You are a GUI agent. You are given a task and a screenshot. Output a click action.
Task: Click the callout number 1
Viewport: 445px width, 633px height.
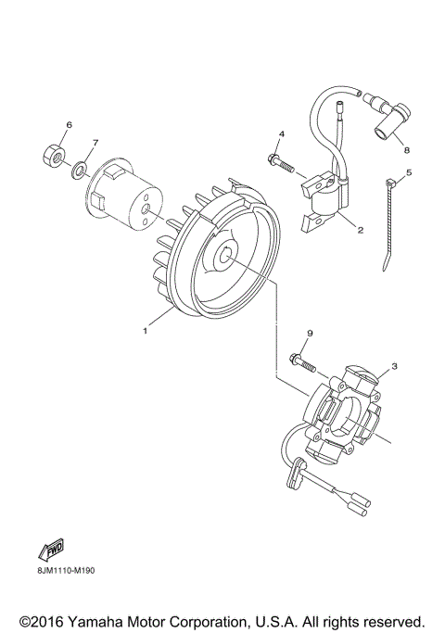pos(145,328)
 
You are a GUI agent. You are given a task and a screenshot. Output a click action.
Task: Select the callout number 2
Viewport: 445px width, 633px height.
pos(360,230)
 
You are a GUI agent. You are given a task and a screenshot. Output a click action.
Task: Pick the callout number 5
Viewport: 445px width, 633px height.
pos(410,172)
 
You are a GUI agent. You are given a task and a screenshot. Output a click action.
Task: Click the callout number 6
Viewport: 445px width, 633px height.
pos(68,124)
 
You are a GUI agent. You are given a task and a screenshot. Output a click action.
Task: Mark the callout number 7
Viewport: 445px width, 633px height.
pos(93,143)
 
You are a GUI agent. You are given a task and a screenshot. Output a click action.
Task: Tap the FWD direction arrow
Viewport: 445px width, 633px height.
pos(50,549)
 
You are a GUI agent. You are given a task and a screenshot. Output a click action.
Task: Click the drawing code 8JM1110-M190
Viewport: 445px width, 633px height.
pos(66,570)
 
